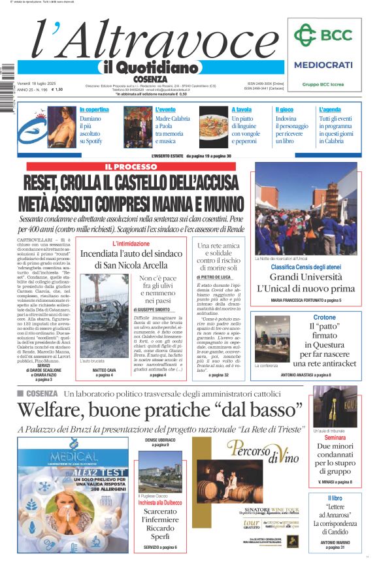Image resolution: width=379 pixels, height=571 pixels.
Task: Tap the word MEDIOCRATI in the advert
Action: coord(323,65)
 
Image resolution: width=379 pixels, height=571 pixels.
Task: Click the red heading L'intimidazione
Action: coord(131,244)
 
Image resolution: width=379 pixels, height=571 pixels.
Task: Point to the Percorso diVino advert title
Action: coord(261,450)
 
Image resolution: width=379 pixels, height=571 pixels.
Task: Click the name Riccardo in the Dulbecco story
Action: coord(160,528)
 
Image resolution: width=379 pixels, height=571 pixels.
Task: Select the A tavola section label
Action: coord(242,110)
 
